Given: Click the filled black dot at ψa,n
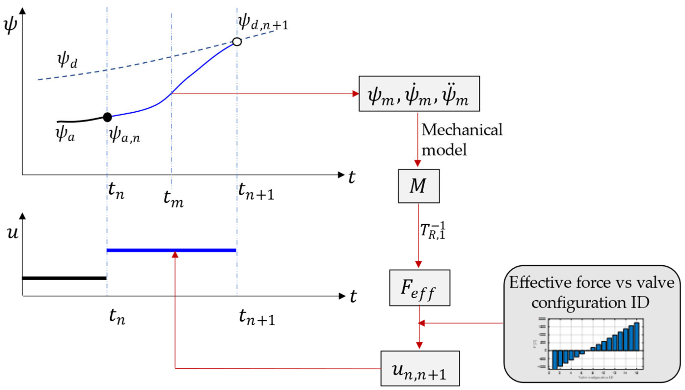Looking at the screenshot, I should coord(107,117).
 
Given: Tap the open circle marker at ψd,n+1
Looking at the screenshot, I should coord(237,42).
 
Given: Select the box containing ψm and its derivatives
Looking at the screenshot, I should coord(419,94).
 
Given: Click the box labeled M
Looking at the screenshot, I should coord(419,186).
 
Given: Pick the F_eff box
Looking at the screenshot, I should coord(419,288).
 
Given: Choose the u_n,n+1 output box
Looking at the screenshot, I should coord(420,369).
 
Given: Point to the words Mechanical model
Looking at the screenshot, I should coord(461,139).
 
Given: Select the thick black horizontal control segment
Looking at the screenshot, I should coord(64,278).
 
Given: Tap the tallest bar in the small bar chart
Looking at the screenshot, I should coord(636,336).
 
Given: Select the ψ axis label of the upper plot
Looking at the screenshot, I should coord(10,25).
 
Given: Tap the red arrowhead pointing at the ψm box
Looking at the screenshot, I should coord(356,94).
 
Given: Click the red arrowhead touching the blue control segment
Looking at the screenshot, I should coord(175,255).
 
